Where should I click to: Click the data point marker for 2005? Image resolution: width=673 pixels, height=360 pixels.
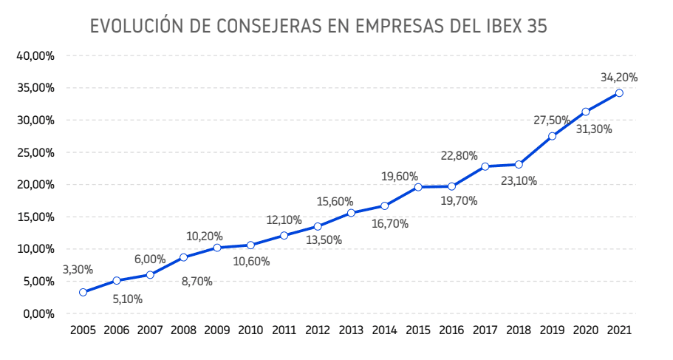click(x=83, y=292)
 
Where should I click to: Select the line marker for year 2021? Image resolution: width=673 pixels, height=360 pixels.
click(x=619, y=93)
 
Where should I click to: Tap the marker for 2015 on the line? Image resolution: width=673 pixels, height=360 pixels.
click(x=418, y=187)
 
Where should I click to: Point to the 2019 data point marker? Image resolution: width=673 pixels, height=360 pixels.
click(x=553, y=136)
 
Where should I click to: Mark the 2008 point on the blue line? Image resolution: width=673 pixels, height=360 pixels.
click(x=183, y=257)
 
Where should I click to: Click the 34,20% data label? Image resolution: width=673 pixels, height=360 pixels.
click(x=619, y=77)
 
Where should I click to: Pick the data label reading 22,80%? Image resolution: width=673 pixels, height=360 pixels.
click(x=460, y=156)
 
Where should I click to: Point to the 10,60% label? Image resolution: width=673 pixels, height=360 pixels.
click(x=251, y=261)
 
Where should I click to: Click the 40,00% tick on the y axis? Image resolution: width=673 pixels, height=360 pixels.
click(x=33, y=56)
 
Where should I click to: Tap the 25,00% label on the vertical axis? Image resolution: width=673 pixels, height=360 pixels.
click(x=33, y=152)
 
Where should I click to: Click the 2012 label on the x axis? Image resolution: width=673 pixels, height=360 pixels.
click(x=318, y=330)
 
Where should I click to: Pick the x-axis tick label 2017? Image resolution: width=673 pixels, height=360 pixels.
click(x=485, y=330)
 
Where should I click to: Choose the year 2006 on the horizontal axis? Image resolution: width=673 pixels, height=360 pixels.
click(x=116, y=330)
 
